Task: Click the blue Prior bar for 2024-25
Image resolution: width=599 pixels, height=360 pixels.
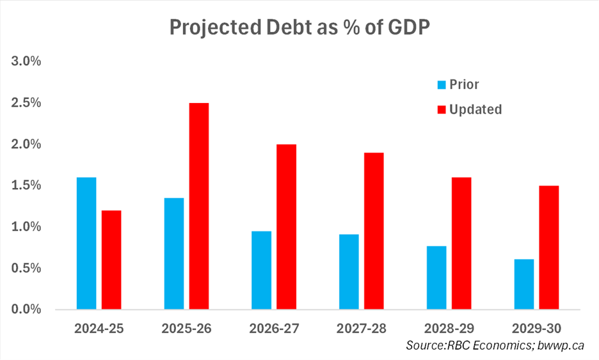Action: pyautogui.click(x=86, y=243)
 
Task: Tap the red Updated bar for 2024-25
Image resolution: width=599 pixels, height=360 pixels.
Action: pyautogui.click(x=111, y=260)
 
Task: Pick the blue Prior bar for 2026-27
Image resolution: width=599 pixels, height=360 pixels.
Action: pyautogui.click(x=261, y=270)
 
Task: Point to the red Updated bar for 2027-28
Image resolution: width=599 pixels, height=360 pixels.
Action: pyautogui.click(x=374, y=231)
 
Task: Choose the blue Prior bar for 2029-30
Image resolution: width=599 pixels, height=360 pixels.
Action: pyautogui.click(x=523, y=284)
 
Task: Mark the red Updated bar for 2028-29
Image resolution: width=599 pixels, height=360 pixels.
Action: pyautogui.click(x=461, y=243)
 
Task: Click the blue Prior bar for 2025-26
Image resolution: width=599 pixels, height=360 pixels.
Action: pyautogui.click(x=174, y=253)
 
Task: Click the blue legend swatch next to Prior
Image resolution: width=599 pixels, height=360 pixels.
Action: pyautogui.click(x=441, y=84)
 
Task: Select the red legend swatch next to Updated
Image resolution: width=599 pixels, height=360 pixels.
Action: pyautogui.click(x=441, y=109)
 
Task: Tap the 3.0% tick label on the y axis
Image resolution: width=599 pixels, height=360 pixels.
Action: pyautogui.click(x=26, y=62)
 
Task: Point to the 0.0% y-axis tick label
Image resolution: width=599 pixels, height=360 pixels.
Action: pyautogui.click(x=26, y=309)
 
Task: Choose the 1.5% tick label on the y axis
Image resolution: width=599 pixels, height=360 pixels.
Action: pyautogui.click(x=26, y=185)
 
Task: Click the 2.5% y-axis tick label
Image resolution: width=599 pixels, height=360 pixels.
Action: pyautogui.click(x=26, y=103)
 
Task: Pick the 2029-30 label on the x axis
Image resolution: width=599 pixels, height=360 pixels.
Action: pyautogui.click(x=536, y=329)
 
